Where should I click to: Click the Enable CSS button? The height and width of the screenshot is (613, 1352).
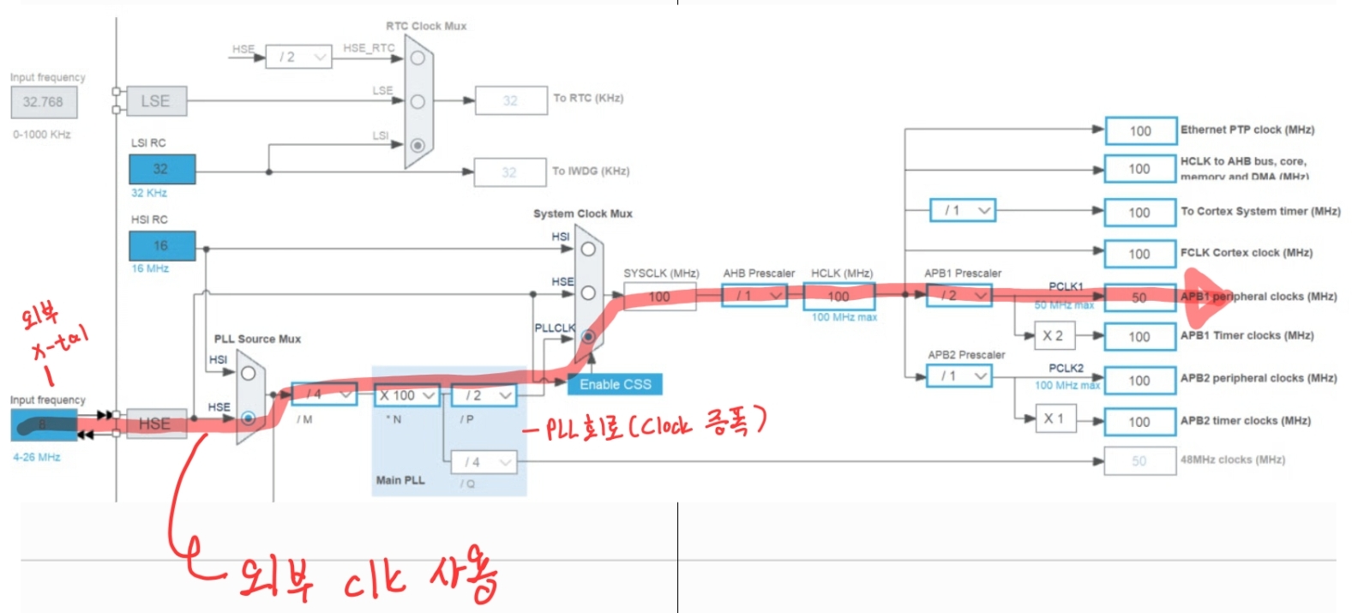click(615, 384)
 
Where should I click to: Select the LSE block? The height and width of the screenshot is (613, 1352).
click(155, 101)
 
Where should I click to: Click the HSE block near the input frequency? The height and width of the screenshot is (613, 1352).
click(155, 424)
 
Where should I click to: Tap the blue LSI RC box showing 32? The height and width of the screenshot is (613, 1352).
click(162, 169)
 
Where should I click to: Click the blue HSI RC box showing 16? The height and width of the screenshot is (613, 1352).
click(162, 246)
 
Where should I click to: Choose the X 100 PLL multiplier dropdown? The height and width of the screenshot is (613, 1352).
click(407, 395)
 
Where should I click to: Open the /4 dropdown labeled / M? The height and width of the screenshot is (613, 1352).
click(323, 394)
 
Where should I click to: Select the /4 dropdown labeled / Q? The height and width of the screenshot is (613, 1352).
click(484, 462)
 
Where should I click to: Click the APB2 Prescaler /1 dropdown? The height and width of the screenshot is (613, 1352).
click(958, 376)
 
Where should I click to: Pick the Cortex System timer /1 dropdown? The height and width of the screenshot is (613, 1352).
click(962, 210)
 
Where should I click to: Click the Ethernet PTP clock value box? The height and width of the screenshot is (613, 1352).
click(1139, 131)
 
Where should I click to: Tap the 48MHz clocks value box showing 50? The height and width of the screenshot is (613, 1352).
click(1139, 461)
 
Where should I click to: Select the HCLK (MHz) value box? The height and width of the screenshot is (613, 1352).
click(838, 297)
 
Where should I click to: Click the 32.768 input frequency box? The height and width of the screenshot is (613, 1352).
click(43, 102)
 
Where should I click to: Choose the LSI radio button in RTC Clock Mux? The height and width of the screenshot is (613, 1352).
click(418, 145)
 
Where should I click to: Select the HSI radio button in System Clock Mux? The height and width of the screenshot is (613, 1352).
click(588, 249)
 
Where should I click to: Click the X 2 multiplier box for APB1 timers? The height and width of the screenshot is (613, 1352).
click(1053, 336)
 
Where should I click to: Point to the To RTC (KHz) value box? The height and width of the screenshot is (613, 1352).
click(510, 101)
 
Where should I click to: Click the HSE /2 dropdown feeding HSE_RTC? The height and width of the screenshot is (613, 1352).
click(297, 57)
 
